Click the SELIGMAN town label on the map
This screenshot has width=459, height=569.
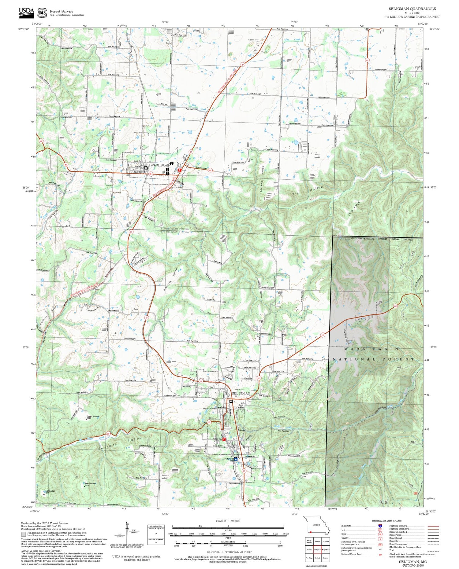pos(241,393)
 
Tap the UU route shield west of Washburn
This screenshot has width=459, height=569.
pos(41,141)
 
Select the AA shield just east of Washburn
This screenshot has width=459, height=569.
pos(210,171)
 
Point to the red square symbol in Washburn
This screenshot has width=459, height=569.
pos(180,170)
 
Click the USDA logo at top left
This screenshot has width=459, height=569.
pos(27,11)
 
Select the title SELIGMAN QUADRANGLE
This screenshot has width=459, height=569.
pos(412,9)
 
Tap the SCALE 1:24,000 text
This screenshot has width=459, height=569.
pos(228,521)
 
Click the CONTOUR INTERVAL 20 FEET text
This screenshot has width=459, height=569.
pos(229,552)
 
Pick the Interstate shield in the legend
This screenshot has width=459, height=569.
pos(380,526)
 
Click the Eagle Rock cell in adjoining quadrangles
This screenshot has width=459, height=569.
pos(326,549)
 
